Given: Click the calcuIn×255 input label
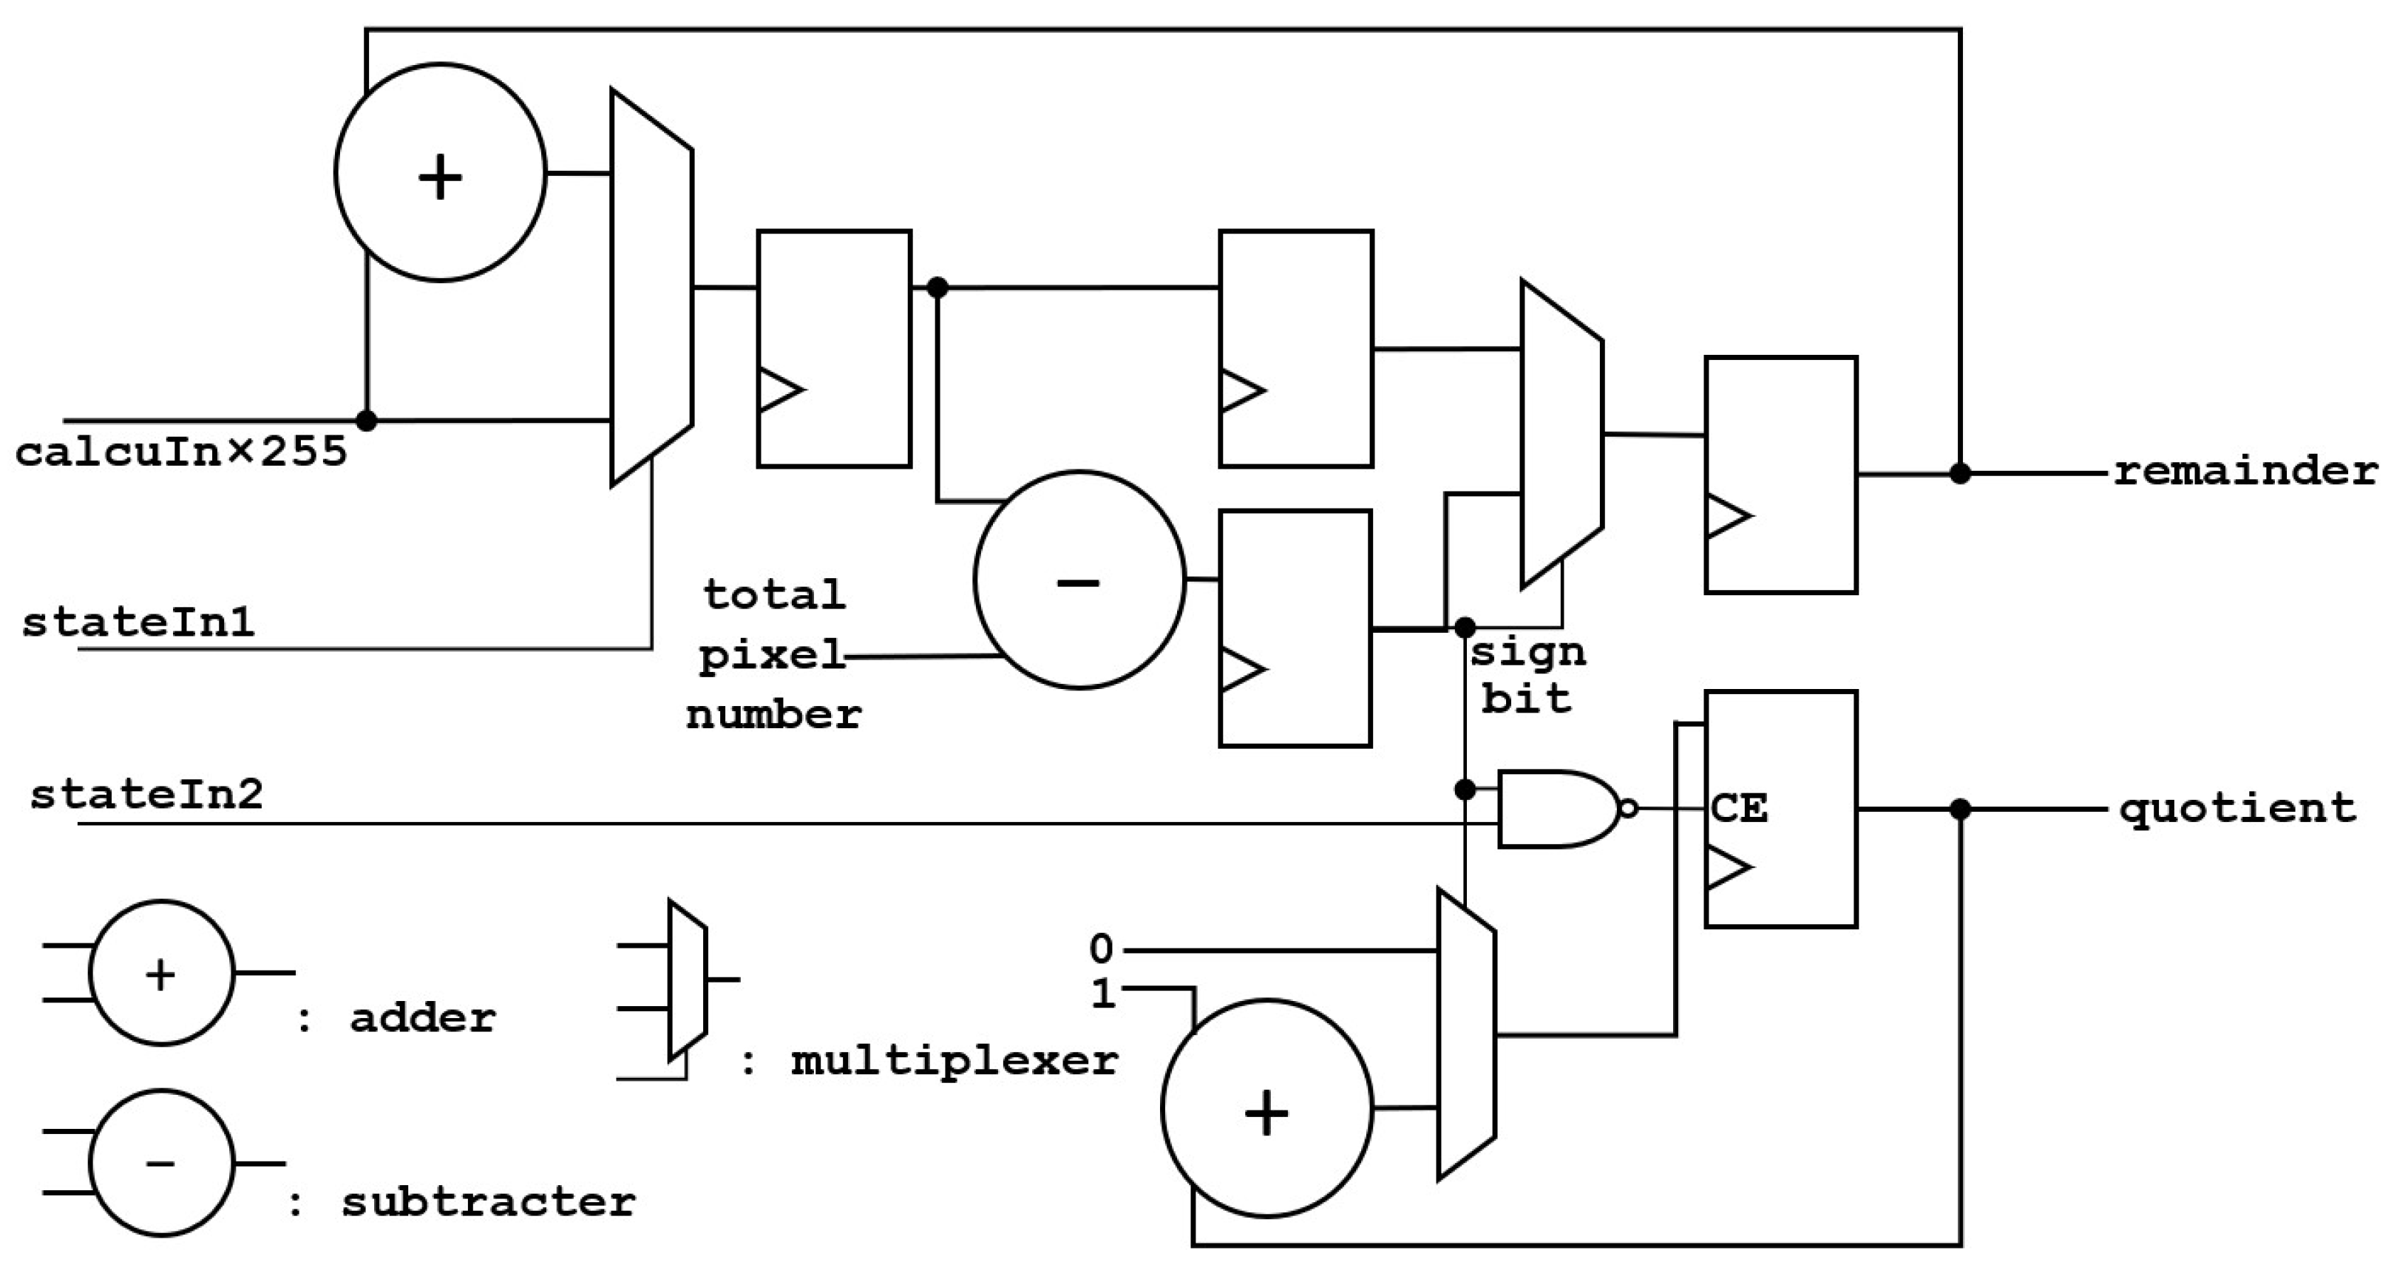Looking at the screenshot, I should [181, 452].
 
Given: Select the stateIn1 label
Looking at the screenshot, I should [138, 622].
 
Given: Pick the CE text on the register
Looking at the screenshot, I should [1738, 809].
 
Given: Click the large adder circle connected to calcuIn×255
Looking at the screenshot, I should [441, 173].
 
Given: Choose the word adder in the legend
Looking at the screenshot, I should [423, 1019].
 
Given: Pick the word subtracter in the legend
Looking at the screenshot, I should [489, 1201].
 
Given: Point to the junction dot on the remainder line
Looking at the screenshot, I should [1960, 473].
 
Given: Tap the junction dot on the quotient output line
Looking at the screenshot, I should [1960, 810].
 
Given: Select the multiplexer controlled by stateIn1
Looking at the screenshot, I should [651, 288].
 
